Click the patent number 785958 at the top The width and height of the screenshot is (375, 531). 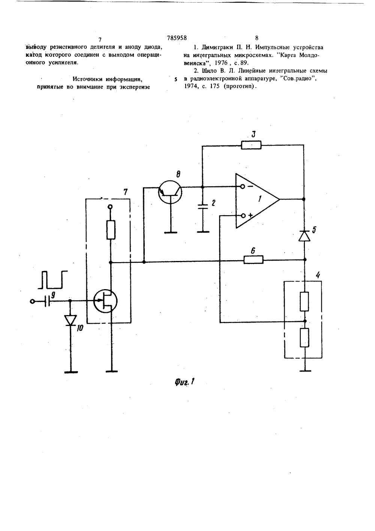(x=177, y=38)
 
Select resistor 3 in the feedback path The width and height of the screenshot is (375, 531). (x=251, y=145)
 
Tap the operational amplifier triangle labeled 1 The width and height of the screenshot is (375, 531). (x=257, y=201)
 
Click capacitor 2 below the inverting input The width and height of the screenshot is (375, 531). (x=202, y=207)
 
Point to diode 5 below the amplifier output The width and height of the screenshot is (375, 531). (x=304, y=235)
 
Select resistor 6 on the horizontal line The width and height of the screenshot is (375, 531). (x=253, y=260)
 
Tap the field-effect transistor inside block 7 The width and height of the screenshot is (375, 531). (x=105, y=301)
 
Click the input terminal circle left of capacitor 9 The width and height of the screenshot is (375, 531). (x=32, y=301)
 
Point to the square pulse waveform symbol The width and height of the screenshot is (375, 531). (x=52, y=280)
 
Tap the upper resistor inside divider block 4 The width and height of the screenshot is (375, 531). (x=304, y=301)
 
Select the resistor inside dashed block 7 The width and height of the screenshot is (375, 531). (x=111, y=230)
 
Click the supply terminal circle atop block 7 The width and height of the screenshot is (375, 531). (x=110, y=207)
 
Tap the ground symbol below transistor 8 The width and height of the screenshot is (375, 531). (x=171, y=232)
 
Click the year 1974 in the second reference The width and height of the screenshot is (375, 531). (x=190, y=86)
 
